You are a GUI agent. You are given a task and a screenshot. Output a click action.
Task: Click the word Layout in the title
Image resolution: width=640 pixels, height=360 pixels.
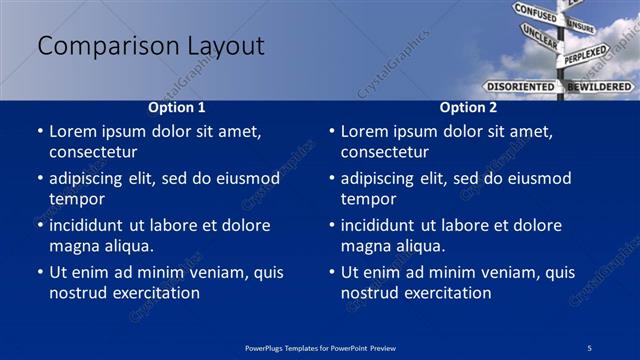click(x=224, y=47)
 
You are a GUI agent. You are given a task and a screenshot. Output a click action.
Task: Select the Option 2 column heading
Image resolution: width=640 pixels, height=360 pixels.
click(x=468, y=107)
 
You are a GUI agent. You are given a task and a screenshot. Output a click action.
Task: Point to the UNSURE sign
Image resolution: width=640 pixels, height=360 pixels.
click(x=580, y=26)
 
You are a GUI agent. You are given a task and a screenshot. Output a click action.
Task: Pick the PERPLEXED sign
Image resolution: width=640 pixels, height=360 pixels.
click(x=585, y=54)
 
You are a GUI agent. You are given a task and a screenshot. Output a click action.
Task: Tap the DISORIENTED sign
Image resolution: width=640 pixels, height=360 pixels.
click(x=520, y=86)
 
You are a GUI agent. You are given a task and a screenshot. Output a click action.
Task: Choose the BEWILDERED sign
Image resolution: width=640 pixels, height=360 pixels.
click(x=600, y=86)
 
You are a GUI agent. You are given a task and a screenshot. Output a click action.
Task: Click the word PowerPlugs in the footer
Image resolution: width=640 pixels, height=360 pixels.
click(x=265, y=348)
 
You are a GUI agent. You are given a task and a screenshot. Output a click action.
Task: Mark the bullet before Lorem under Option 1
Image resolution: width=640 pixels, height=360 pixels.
click(x=40, y=132)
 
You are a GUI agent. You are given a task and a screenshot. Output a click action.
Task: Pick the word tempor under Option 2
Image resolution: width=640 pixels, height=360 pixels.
click(x=369, y=199)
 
